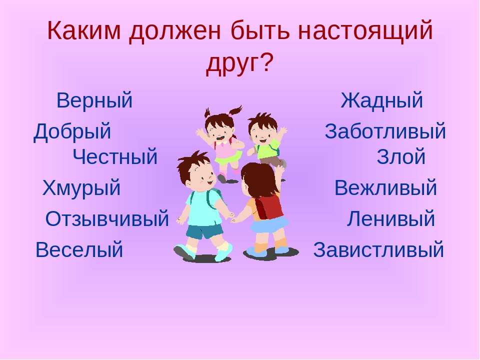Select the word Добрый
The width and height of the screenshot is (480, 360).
point(72,131)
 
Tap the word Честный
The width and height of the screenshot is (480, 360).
point(115,156)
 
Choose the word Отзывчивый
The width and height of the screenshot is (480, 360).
point(107,218)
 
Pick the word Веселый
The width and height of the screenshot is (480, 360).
point(79,249)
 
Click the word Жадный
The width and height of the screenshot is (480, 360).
point(381,100)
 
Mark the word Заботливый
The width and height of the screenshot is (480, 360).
point(385,131)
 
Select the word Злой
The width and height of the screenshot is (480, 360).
point(401,156)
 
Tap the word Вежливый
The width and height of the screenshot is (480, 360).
point(385,187)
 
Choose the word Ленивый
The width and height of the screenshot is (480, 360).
point(391,218)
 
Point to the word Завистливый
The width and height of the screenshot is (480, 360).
point(378,249)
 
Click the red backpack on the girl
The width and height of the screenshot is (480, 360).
point(269,206)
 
